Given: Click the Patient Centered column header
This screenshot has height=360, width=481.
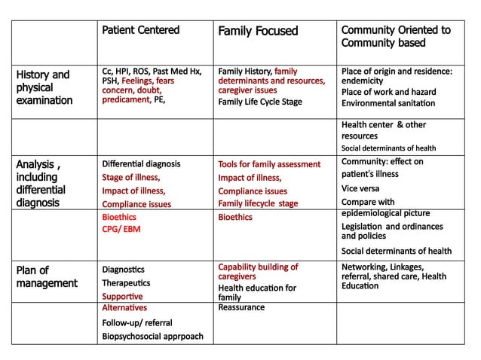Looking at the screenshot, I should (x=140, y=30).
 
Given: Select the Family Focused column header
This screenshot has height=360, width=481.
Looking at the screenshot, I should (x=258, y=31).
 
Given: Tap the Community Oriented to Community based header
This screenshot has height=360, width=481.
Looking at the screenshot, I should (x=396, y=36).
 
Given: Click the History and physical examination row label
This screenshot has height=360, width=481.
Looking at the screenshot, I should (x=44, y=87).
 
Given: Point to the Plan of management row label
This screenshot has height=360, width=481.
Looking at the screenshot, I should (x=47, y=276).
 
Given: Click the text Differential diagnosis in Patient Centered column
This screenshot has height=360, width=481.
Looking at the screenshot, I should (x=141, y=163).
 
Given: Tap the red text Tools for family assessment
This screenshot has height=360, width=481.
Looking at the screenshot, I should (x=269, y=163).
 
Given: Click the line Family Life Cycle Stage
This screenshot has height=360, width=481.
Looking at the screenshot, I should (x=259, y=102).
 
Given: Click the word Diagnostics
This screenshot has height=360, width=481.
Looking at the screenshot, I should (x=125, y=269).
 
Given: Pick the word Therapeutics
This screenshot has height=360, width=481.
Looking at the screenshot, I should (x=128, y=283).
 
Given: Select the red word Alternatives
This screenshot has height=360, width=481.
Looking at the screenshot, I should (x=124, y=307).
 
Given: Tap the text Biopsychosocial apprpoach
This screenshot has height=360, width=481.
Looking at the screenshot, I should (x=152, y=336).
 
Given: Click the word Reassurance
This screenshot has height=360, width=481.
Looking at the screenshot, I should (x=241, y=307).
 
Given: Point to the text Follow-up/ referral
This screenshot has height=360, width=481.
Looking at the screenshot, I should (x=136, y=322).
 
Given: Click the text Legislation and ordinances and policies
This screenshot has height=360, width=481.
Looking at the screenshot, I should (x=392, y=230).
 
